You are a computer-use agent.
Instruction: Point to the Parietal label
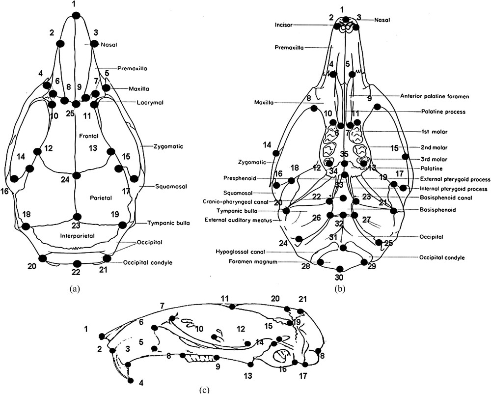[x=101, y=197]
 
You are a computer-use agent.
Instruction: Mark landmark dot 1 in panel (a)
[x=75, y=16]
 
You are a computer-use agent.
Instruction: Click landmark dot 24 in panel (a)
[x=76, y=175]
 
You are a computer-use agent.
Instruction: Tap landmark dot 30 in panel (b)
[x=340, y=269]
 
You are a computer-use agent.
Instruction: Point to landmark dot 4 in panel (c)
[x=131, y=380]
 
